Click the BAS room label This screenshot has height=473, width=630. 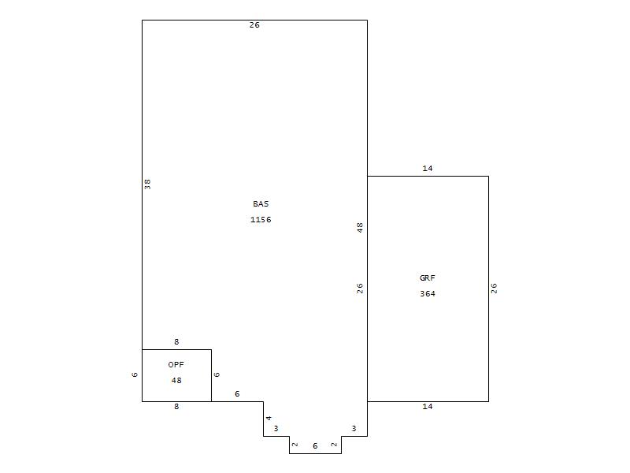coord(261,204)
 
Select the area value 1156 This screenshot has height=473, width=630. coord(261,220)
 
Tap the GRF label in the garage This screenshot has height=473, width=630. coord(428,278)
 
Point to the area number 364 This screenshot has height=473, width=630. coord(428,293)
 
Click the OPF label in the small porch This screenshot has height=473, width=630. coord(176,365)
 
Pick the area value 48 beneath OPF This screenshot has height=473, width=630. coord(176,381)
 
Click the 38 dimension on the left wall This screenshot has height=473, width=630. coord(147,184)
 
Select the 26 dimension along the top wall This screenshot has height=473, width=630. coord(254,25)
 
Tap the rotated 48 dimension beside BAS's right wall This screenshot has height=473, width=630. coord(360,228)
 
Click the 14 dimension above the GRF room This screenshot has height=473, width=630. coord(428,169)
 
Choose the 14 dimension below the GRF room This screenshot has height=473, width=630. coord(428,407)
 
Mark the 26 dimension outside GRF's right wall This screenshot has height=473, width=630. coord(494,289)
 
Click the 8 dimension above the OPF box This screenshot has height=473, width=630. coord(176,342)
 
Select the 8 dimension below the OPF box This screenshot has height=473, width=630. coord(176,407)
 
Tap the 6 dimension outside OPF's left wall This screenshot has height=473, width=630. coord(135,374)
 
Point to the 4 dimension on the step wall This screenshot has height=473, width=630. coord(269,419)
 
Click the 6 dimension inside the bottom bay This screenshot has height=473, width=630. coord(315,446)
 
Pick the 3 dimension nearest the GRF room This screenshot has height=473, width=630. coord(354,429)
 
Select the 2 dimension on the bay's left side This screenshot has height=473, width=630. coord(295,445)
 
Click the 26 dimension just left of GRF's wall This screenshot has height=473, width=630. coord(360,289)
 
